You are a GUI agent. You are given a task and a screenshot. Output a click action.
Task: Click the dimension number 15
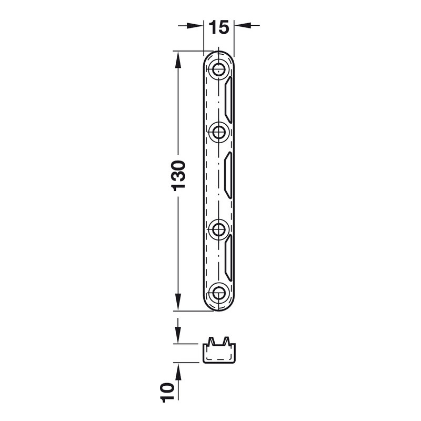pyautogui.click(x=219, y=27)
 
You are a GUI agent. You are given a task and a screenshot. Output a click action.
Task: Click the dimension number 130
pyautogui.click(x=178, y=176)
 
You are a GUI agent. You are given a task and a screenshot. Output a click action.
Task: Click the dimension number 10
pyautogui.click(x=167, y=393)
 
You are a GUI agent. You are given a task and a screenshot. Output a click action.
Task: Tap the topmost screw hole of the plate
pyautogui.click(x=219, y=70)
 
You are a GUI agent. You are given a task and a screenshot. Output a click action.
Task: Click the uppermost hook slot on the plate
pyautogui.click(x=228, y=100)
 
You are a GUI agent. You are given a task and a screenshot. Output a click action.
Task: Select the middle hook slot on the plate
pyautogui.click(x=228, y=175)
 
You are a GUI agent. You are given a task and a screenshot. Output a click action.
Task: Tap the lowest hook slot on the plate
pyautogui.click(x=228, y=258)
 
